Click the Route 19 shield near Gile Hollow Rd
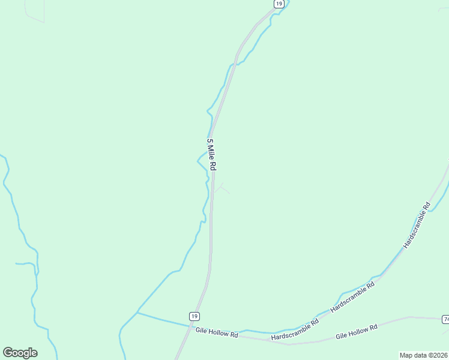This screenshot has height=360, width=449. (x=193, y=316)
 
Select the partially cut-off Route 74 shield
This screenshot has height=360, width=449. (x=446, y=319)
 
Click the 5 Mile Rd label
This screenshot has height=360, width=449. (x=211, y=154)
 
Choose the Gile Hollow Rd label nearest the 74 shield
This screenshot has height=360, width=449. (x=356, y=332)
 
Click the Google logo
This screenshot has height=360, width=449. (x=20, y=353)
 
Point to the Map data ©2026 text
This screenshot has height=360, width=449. (x=423, y=355)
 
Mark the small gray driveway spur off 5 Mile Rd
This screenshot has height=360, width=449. (x=221, y=188)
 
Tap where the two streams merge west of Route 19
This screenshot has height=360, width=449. (x=137, y=313)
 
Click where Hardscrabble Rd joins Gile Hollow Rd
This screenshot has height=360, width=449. (x=289, y=344)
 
